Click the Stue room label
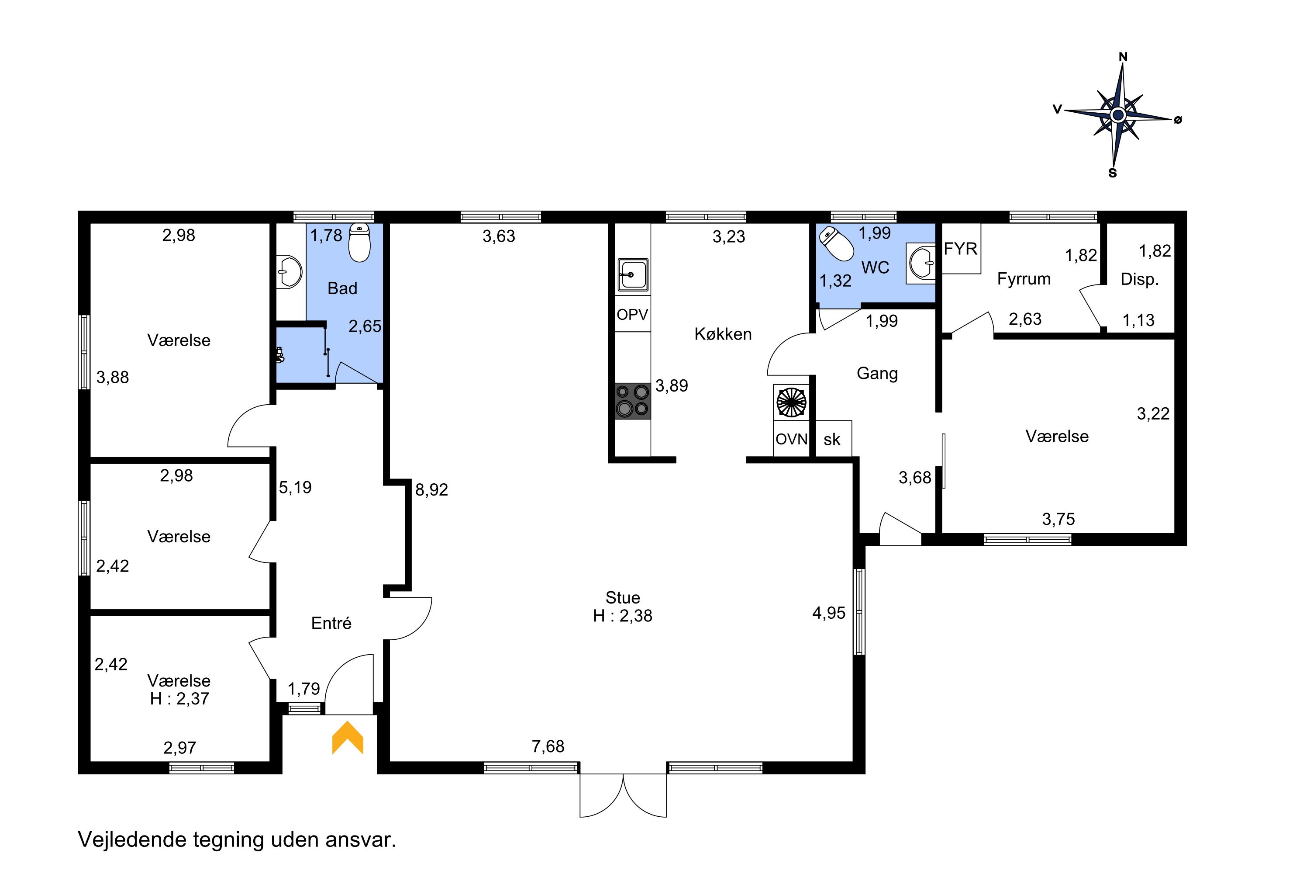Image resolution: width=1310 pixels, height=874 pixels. tap(623, 597)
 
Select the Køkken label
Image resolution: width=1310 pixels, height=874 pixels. tap(723, 334)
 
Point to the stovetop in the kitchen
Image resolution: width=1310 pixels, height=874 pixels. tap(632, 401)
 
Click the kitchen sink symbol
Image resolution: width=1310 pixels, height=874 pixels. tap(632, 275)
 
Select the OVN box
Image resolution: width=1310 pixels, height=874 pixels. tap(791, 439)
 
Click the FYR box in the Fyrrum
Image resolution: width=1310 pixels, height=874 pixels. tap(961, 249)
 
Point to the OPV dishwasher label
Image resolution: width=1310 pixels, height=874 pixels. tap(632, 314)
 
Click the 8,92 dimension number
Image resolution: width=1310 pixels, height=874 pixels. tap(432, 490)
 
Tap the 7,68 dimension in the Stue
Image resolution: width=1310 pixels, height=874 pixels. tap(548, 746)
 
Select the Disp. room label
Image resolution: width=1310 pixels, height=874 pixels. tap(1140, 279)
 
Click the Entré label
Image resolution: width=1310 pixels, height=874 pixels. tap(331, 623)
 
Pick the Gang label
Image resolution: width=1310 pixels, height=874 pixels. tap(877, 374)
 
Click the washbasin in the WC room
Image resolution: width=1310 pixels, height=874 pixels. tap(921, 263)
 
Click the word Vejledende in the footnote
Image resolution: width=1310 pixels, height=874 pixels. tap(132, 839)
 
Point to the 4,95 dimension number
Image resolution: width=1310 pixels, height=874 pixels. tap(829, 613)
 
